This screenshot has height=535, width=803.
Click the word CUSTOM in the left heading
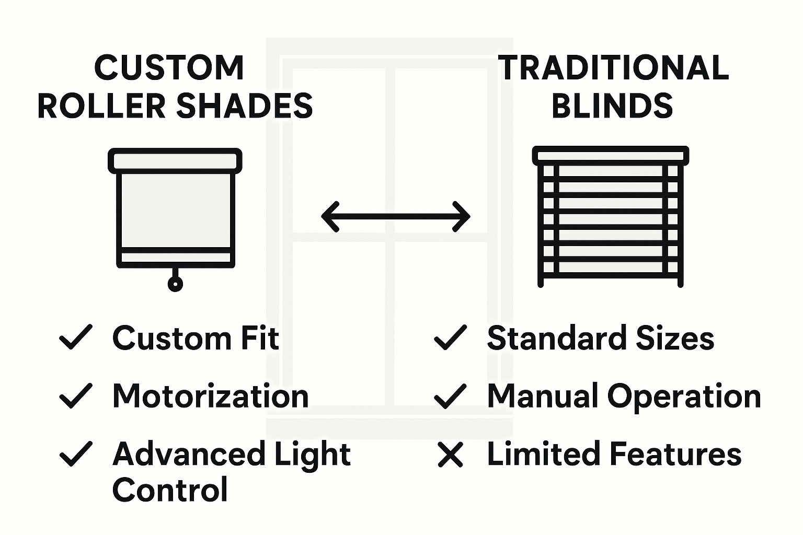(x=169, y=68)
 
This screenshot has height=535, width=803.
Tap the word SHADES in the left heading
(x=244, y=106)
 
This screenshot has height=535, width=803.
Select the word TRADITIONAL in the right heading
(x=613, y=68)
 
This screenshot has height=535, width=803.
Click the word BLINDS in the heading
(x=612, y=106)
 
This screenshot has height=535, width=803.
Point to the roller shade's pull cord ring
(x=175, y=284)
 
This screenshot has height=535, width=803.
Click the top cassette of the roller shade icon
(x=175, y=160)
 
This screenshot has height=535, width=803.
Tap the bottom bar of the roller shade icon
(x=175, y=258)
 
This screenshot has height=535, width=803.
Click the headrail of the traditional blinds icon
(x=611, y=156)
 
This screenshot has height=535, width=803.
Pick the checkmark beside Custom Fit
(x=76, y=337)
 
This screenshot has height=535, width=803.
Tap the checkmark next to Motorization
(x=76, y=396)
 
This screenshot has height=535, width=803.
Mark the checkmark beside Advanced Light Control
(x=76, y=453)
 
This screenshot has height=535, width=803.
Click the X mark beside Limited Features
(x=450, y=455)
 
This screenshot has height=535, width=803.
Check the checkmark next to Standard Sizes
(x=450, y=337)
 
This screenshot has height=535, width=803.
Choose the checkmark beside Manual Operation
(x=450, y=396)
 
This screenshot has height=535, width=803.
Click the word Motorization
(x=210, y=396)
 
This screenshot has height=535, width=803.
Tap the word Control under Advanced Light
(x=170, y=490)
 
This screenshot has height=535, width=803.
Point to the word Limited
(x=544, y=453)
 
